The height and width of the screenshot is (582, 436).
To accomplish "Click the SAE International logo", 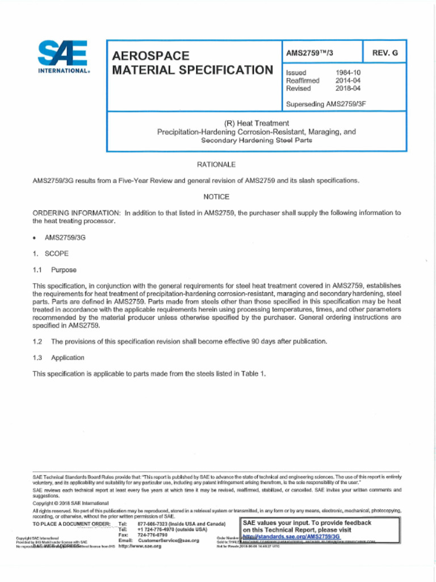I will click(63, 57).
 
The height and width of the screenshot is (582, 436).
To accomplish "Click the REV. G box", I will click(385, 53).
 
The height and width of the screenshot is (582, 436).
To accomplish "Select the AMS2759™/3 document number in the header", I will click(309, 53).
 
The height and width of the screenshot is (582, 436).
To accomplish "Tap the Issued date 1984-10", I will click(348, 73).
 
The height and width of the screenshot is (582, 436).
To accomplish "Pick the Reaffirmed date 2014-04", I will click(348, 81).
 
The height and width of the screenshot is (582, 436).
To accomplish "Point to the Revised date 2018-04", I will click(348, 89).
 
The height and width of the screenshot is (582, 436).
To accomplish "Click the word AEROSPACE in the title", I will click(150, 56).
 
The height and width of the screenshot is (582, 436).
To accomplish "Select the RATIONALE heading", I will click(216, 164).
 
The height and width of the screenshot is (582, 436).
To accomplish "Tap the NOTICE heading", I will click(216, 197).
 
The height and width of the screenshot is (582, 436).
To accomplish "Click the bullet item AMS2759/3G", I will click(65, 237).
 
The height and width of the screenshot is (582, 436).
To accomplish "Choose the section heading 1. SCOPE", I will click(51, 253).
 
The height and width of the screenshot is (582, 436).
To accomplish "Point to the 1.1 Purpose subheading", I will click(54, 270).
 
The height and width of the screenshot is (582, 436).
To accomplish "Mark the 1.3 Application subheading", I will click(58, 357).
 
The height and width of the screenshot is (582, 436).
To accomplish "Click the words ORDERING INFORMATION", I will click(77, 213).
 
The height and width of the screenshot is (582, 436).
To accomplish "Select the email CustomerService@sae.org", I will click(169, 541).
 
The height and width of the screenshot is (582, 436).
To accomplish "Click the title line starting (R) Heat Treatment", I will click(257, 123).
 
